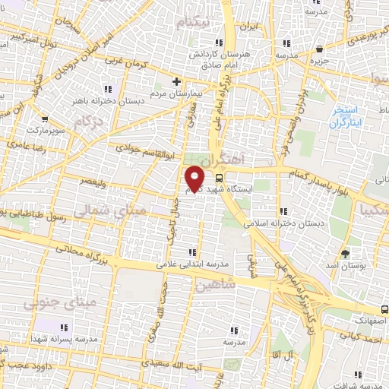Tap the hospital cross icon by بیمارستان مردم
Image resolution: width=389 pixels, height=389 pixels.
[x=176, y=80]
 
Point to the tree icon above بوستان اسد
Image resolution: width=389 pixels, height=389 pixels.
[x=346, y=251]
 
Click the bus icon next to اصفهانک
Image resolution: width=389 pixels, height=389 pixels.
[x=385, y=310]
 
